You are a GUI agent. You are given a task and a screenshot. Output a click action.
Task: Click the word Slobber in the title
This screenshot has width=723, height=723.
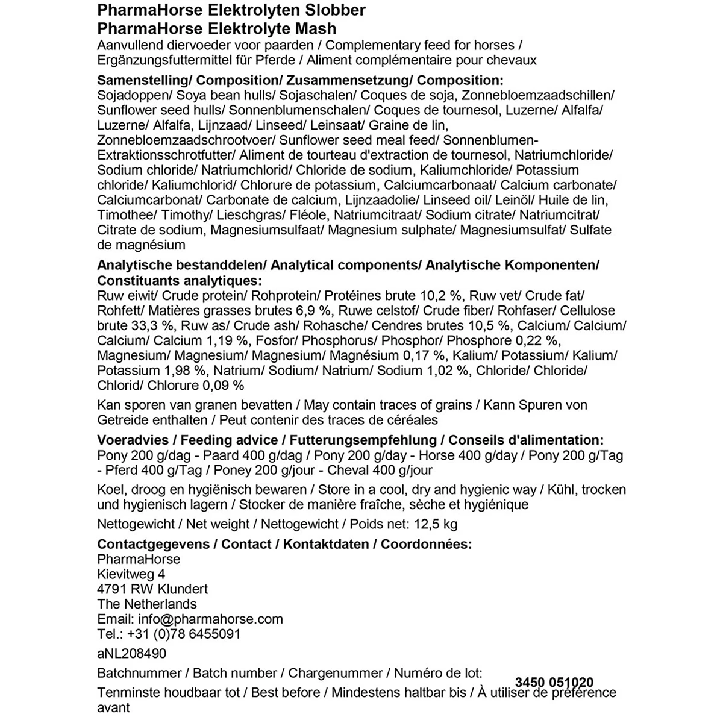click(336, 11)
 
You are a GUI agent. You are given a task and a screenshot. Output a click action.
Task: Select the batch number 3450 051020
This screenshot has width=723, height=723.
click(554, 683)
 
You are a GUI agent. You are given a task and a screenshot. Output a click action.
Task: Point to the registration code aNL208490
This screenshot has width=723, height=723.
click(132, 653)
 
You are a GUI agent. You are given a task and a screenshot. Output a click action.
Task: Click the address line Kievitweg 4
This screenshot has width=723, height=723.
click(131, 574)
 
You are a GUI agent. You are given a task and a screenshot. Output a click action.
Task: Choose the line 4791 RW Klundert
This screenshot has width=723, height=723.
click(152, 589)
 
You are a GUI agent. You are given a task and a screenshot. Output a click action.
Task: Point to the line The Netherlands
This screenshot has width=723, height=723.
click(147, 604)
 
